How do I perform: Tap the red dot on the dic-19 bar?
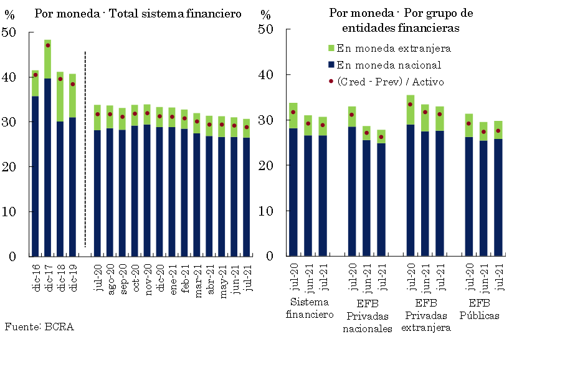click(x=72, y=84)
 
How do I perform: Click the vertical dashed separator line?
click(x=85, y=150)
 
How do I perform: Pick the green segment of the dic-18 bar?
click(x=60, y=97)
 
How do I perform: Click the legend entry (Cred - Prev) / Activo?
click(x=390, y=82)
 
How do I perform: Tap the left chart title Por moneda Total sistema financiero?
click(x=138, y=14)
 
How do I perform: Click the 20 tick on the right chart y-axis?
click(x=265, y=165)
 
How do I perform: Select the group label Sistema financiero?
click(x=310, y=308)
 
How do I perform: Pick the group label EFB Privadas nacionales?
click(x=367, y=315)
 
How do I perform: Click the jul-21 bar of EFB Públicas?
click(x=498, y=193)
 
